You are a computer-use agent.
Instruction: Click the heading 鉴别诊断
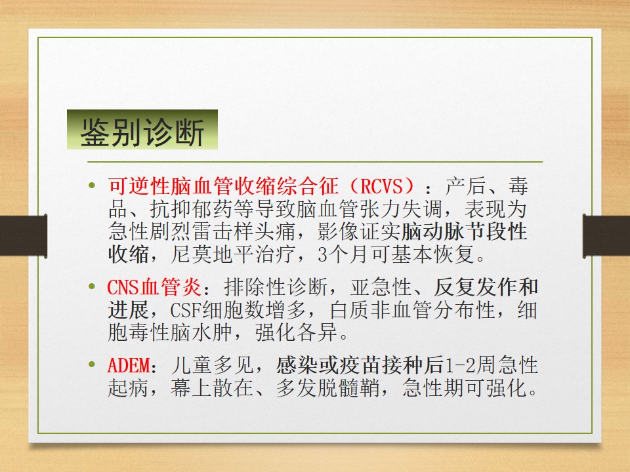pyautogui.click(x=142, y=132)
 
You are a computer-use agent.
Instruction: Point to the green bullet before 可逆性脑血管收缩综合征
pyautogui.click(x=92, y=187)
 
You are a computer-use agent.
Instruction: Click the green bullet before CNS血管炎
pyautogui.click(x=92, y=288)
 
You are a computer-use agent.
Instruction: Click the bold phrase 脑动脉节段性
pyautogui.click(x=464, y=231)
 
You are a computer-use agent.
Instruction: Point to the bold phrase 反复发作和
pyautogui.click(x=486, y=288)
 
